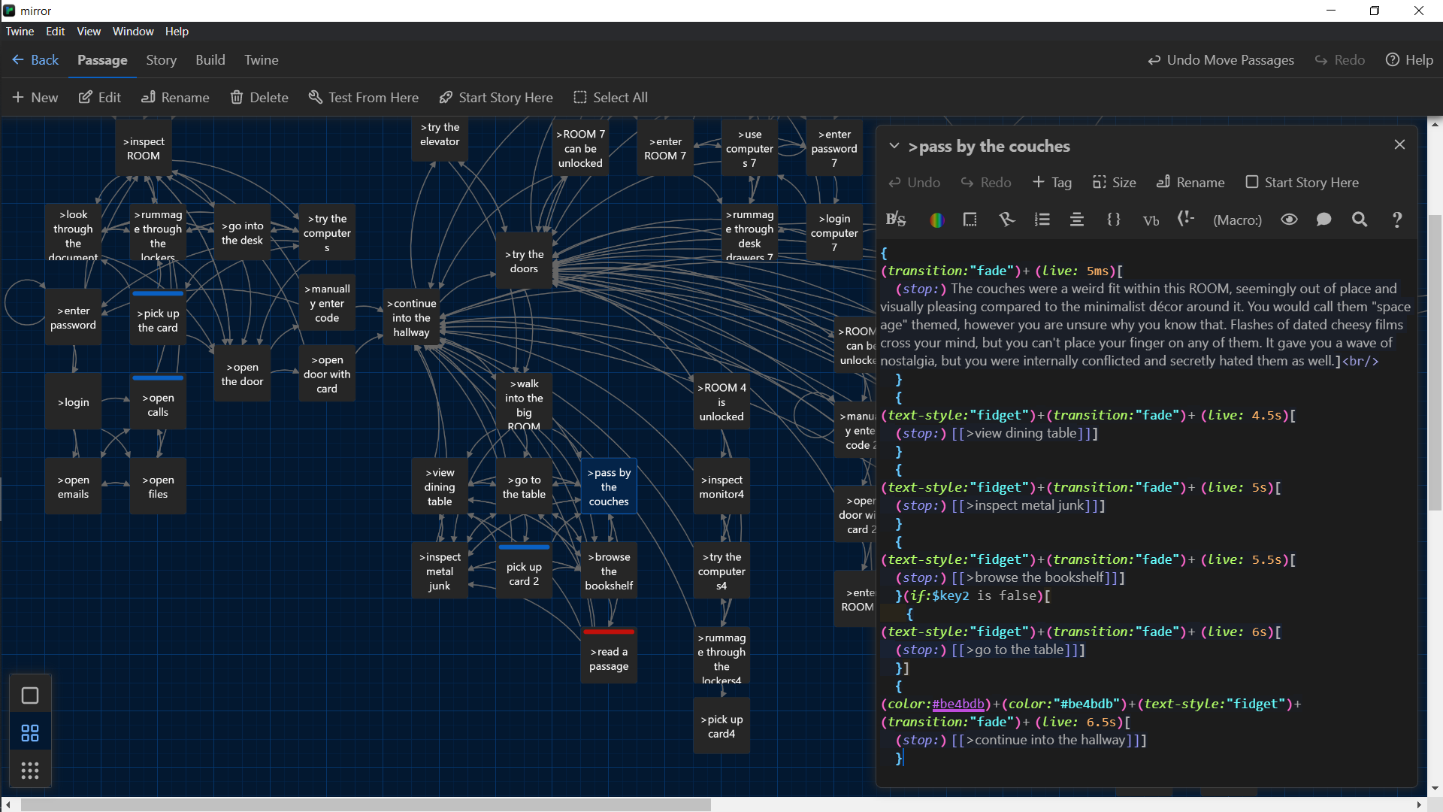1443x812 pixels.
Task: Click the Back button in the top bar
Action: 35,60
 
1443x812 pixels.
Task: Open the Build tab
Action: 210,60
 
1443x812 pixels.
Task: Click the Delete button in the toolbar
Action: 259,98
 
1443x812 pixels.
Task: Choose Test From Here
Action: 364,98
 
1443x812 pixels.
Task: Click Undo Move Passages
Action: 1221,60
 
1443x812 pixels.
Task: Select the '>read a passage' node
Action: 609,659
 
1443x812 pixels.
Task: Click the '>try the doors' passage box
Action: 524,262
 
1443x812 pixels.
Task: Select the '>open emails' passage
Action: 73,487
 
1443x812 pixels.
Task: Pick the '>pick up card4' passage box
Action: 721,726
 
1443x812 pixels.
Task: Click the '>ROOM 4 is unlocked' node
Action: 721,402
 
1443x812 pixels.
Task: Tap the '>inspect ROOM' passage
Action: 143,149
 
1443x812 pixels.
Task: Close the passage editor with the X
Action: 1399,144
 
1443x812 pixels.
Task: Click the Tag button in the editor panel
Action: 1052,183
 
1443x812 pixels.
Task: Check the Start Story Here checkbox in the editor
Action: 1252,182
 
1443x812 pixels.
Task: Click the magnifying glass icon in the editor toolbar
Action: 1360,220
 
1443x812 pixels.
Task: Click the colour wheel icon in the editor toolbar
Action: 936,220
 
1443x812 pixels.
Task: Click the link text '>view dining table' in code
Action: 1025,433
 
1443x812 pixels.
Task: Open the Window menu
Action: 132,32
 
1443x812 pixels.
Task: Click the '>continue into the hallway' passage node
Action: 411,318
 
